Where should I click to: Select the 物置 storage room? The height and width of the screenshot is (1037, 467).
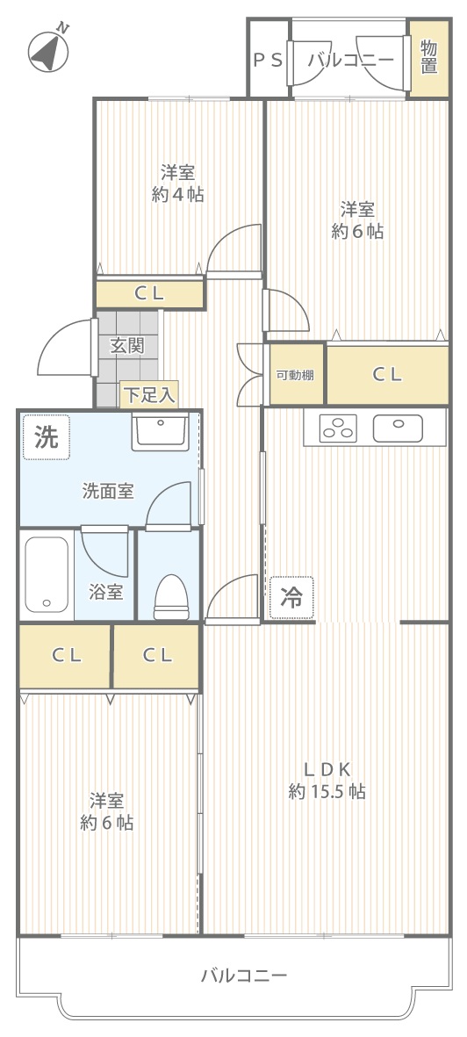pos(429,58)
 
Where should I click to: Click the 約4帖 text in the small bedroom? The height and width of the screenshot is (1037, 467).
pos(177,194)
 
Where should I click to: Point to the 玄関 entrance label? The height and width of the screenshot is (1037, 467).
pos(127,344)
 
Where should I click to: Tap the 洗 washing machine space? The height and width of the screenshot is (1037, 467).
pos(47,437)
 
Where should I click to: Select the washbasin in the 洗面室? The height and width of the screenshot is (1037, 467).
pos(160,431)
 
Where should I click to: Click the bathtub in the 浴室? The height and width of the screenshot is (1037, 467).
pos(47,575)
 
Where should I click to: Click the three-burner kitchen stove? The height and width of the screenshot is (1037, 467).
pos(338,428)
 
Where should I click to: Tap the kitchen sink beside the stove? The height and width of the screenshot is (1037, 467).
pos(399,428)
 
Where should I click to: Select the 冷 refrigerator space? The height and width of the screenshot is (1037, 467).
pos(291,597)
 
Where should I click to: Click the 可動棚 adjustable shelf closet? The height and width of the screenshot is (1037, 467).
pos(296,374)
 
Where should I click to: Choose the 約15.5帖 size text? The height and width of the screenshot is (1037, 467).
pos(327,791)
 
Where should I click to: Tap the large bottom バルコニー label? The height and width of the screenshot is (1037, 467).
pos(244,976)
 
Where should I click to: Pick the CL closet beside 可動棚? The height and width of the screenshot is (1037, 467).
pos(388,374)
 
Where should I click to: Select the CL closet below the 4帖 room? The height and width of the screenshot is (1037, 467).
pos(150,295)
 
